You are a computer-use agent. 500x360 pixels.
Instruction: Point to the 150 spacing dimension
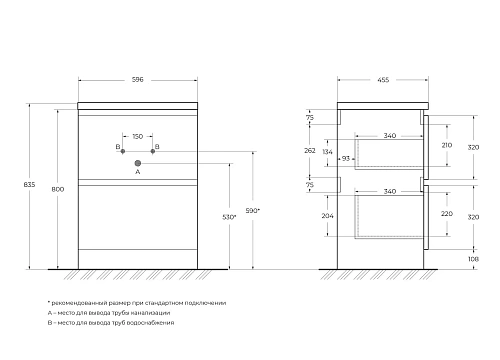click(x=137, y=135)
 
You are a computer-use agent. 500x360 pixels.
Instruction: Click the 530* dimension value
click(x=229, y=216)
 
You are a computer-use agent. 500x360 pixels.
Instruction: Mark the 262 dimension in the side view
click(x=310, y=150)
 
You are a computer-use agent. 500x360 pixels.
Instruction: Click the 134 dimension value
click(x=326, y=153)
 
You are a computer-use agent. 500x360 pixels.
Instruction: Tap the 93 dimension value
click(x=346, y=158)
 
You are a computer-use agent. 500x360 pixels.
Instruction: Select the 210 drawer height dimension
click(x=447, y=144)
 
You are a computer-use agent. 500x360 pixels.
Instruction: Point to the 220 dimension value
click(x=447, y=213)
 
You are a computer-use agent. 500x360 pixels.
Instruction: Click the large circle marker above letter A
click(x=138, y=161)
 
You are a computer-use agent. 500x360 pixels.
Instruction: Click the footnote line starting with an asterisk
click(x=137, y=303)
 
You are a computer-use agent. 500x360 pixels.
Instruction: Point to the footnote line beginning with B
click(x=111, y=322)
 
